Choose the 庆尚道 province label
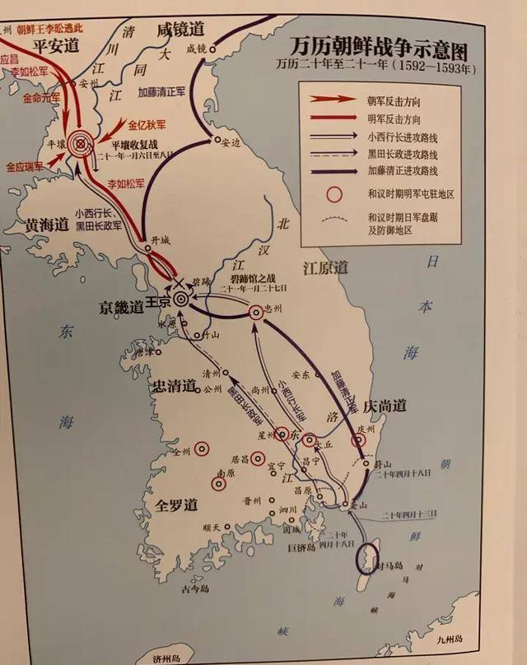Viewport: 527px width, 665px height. (387, 407)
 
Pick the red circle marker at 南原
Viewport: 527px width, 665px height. (218, 484)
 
